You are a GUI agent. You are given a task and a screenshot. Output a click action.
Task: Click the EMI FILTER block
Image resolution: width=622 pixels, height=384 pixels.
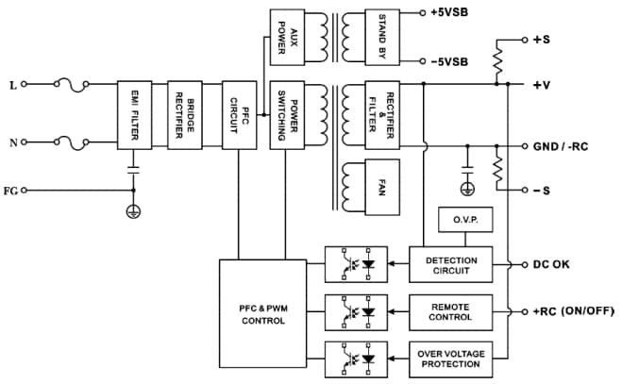coord(133,113)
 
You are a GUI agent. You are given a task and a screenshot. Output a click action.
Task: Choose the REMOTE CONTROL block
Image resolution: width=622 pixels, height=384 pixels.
coord(451,312)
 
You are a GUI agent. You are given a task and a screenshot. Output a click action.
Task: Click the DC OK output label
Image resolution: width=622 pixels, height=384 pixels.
coord(551,266)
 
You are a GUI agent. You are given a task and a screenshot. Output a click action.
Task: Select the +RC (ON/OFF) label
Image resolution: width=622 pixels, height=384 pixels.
coord(570,312)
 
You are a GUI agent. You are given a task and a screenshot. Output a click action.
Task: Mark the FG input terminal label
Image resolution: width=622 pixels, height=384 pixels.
coord(11,191)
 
